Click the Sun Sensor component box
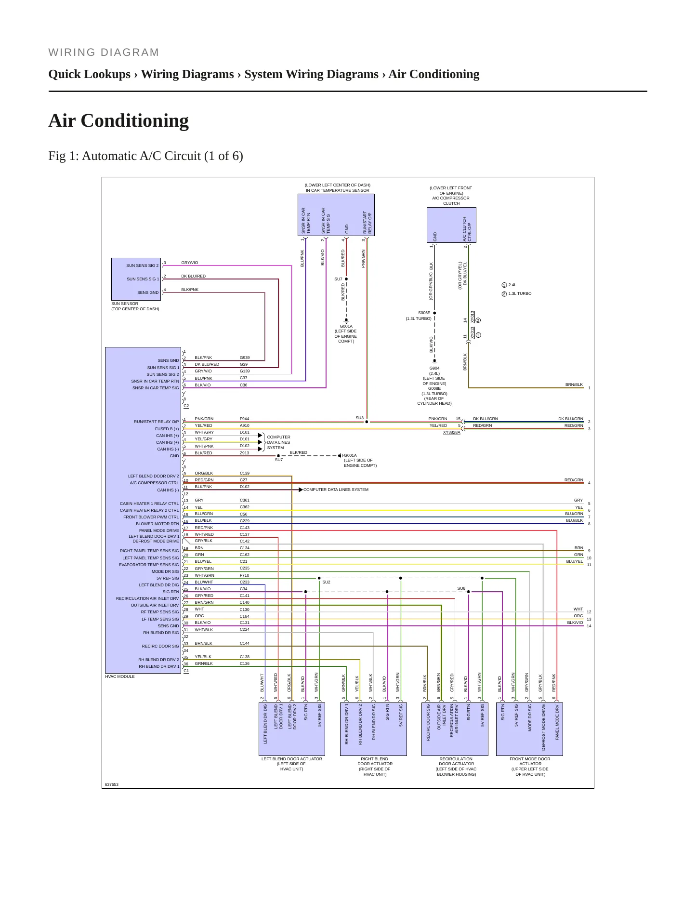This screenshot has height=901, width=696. [x=136, y=279]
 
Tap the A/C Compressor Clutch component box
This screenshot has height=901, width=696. [x=451, y=225]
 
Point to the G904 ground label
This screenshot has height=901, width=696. [x=434, y=368]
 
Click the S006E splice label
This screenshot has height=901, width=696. [x=424, y=313]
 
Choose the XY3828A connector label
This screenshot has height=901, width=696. [x=451, y=433]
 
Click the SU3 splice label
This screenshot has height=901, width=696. [x=359, y=418]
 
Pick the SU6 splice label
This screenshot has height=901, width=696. [x=461, y=588]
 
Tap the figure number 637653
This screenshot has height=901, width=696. [x=112, y=784]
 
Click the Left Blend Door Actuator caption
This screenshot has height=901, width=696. [x=292, y=764]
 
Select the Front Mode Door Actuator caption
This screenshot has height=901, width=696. [x=530, y=766]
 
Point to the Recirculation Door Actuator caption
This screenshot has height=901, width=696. [x=456, y=766]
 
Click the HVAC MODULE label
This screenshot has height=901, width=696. [x=120, y=676]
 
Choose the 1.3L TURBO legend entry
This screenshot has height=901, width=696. [x=517, y=293]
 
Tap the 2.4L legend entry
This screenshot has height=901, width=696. [x=509, y=285]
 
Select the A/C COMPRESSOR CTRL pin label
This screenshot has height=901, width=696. [x=154, y=483]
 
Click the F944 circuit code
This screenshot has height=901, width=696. [x=245, y=419]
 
